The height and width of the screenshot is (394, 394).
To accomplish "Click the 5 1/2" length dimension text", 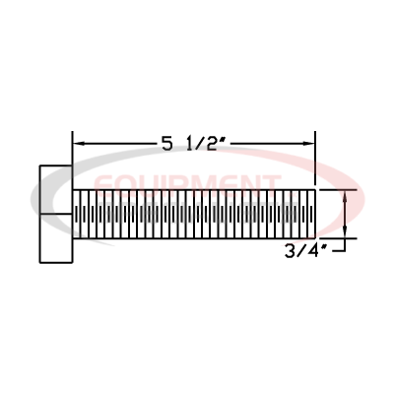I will (194, 144).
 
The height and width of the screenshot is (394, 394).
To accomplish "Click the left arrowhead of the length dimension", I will (80, 144).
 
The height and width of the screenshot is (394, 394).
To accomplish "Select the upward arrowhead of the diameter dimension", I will (345, 195).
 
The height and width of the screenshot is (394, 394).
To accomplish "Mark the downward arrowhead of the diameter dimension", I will (345, 230).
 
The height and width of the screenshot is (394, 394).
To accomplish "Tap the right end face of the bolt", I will (316, 213).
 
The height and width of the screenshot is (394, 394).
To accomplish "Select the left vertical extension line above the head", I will (73, 148).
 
